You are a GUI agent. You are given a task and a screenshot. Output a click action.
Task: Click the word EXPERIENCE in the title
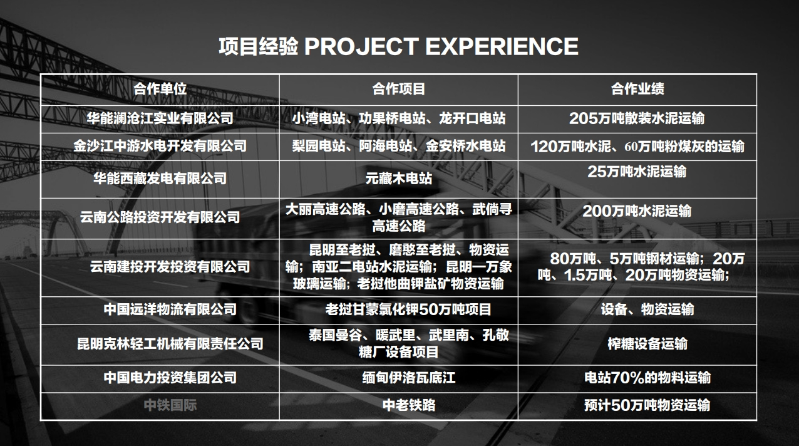tap(502, 47)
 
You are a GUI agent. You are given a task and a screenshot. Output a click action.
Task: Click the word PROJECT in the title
tap(361, 47)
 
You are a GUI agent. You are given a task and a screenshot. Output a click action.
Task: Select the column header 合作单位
tap(160, 89)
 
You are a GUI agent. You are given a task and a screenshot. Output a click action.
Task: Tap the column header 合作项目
tap(399, 89)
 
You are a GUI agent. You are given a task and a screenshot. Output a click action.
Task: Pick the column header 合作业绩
tap(637, 89)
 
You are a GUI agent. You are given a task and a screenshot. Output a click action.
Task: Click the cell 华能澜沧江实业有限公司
tap(160, 118)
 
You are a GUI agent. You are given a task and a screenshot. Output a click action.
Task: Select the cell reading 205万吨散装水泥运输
tap(637, 118)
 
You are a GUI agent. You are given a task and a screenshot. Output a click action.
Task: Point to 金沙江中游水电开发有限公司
tap(160, 146)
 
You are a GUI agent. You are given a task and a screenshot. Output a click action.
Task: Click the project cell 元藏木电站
tap(399, 179)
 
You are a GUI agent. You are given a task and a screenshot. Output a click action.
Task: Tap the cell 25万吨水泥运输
tap(637, 172)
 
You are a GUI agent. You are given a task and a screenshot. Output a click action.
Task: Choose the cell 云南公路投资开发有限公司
tap(160, 217)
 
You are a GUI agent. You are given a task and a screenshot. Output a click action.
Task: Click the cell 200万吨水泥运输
tap(637, 211)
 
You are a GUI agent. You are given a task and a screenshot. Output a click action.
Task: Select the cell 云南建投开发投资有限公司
tap(170, 266)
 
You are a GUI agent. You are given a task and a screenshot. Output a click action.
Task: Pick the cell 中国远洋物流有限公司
tap(170, 309)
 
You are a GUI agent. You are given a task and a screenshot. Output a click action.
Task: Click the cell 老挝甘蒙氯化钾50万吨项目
tap(408, 309)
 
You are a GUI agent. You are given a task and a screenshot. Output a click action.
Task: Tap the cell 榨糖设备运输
tap(647, 344)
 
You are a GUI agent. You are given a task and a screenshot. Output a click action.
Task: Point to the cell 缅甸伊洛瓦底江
tap(409, 378)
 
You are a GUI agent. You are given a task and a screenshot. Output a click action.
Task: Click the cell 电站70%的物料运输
tap(647, 378)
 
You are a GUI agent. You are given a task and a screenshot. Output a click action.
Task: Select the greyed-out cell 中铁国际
tap(170, 405)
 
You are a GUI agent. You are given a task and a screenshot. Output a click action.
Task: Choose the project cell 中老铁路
tap(409, 405)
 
